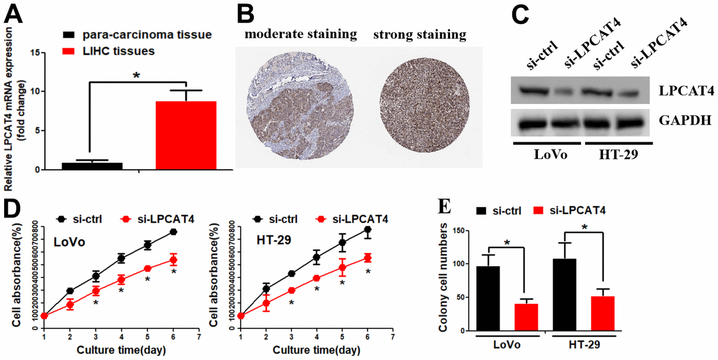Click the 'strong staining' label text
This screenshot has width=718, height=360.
419,35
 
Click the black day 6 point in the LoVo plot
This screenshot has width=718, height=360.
174,231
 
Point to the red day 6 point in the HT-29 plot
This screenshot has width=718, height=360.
368,258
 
